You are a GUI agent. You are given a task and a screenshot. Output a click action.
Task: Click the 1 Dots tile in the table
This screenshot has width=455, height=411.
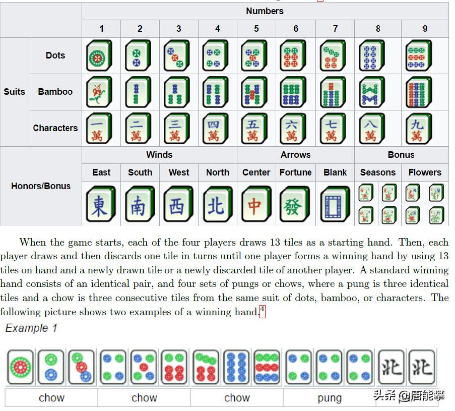point(99,56)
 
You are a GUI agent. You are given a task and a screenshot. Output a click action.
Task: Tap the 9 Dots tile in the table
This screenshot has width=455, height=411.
point(418,56)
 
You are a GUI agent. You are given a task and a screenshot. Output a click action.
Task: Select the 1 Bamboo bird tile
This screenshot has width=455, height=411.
point(99,92)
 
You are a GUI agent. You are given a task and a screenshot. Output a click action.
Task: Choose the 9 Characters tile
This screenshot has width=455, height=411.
point(418,128)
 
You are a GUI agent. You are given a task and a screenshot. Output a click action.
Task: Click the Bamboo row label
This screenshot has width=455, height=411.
point(55,92)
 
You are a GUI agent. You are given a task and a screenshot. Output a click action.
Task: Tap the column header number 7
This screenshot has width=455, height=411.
point(335,29)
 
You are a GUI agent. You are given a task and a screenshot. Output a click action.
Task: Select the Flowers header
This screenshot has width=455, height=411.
point(425,172)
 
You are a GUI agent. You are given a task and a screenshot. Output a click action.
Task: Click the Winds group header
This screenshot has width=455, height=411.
point(159,155)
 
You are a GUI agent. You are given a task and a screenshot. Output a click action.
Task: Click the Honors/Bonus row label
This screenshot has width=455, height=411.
point(41,186)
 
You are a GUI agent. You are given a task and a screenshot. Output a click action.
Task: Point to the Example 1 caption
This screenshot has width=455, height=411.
point(31,328)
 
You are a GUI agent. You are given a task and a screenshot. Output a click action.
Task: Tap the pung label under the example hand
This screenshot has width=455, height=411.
point(330,398)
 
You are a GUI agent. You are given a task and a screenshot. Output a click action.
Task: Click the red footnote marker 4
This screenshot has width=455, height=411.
point(263,312)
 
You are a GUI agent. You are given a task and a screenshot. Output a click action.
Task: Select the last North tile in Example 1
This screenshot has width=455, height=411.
point(421,367)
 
